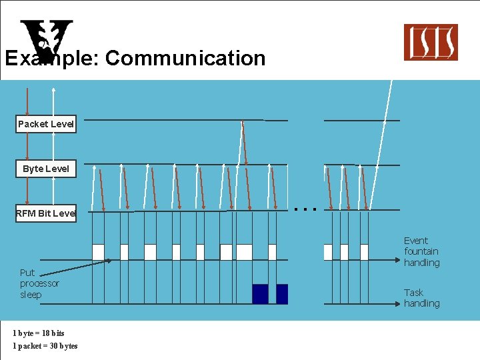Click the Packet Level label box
[x=46, y=124]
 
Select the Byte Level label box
[x=45, y=169]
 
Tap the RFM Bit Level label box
[x=45, y=213]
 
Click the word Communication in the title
[x=185, y=58]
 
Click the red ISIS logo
[x=431, y=42]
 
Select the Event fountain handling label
[x=421, y=251]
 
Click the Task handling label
[x=421, y=297]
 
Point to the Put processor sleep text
[x=39, y=283]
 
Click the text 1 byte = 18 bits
[x=39, y=333]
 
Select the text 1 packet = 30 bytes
[x=45, y=345]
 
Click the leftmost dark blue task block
[x=260, y=294]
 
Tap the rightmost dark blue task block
[x=282, y=294]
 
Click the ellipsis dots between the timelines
[x=305, y=209]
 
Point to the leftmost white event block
[x=98, y=252]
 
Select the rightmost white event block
[x=364, y=252]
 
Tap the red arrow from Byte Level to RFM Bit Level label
[x=27, y=190]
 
